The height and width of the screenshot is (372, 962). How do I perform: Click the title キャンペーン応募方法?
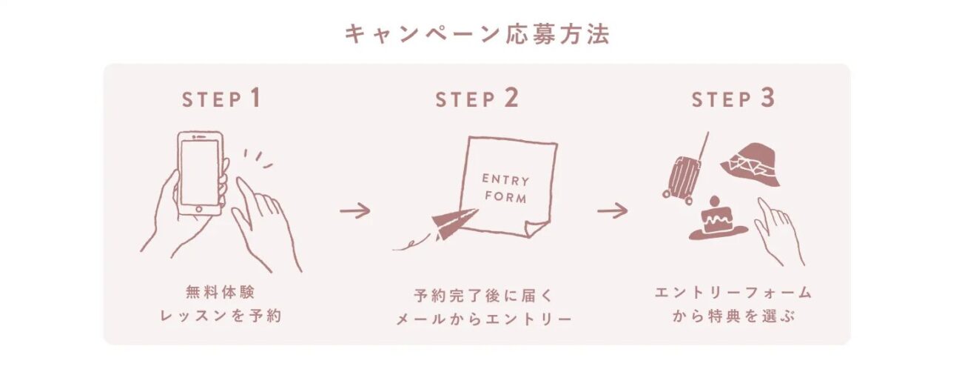point(477,34)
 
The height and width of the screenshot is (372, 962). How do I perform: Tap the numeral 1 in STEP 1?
point(255,98)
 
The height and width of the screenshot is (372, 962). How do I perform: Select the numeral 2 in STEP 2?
point(511,98)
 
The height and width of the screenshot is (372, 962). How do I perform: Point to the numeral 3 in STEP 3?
point(768,98)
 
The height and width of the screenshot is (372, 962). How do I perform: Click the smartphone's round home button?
point(199,210)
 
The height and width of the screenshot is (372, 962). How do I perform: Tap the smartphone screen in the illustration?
point(199,173)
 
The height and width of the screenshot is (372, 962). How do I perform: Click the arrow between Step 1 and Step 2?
point(355,210)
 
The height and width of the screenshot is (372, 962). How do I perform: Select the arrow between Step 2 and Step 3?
point(613,210)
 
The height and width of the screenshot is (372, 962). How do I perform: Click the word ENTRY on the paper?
point(505,179)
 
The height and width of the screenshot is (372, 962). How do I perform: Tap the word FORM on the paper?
point(505,196)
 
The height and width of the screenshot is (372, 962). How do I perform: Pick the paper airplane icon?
point(454,224)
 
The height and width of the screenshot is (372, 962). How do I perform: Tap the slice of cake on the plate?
point(716,219)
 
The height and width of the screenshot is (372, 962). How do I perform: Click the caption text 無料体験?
point(221,293)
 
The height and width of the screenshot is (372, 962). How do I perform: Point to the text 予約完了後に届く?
point(483,296)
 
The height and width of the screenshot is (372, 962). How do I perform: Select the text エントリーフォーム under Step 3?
point(733,293)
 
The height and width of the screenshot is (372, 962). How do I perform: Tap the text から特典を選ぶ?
point(733,316)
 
